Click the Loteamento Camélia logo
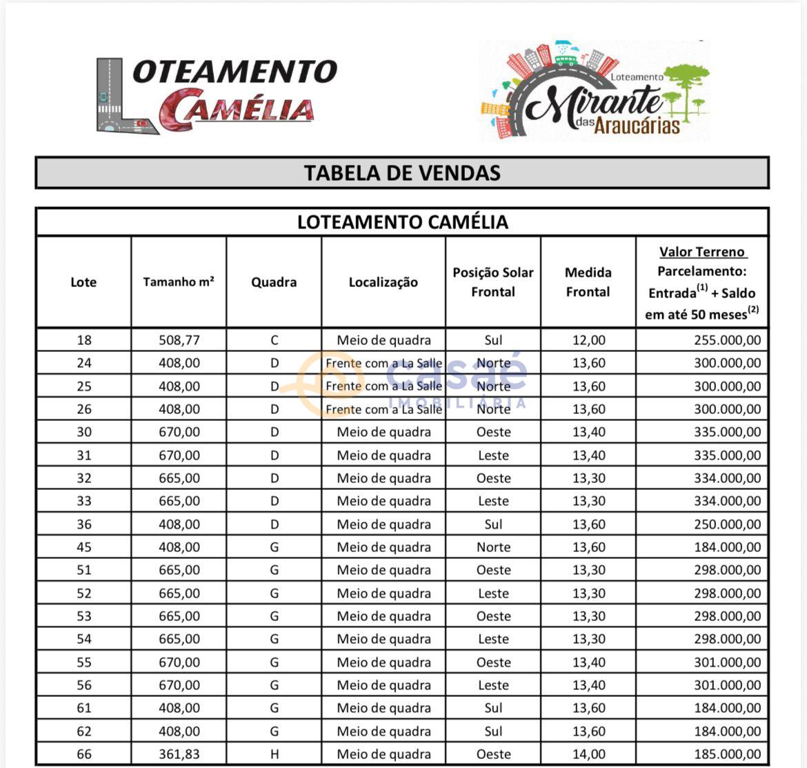pos(216,95)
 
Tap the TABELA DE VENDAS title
pos(402,173)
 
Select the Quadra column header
pos(274,282)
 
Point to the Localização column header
pos(383,282)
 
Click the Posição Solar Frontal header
pos(492,282)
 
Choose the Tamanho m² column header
pos(179,282)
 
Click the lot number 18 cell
pos(83,340)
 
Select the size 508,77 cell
pos(179,340)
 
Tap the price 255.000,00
pos(727,340)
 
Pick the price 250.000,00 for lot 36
pos(727,524)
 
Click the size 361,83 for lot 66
pos(179,754)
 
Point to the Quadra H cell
pos(275,754)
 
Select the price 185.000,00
pos(727,754)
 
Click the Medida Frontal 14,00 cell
pos(588,754)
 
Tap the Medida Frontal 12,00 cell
pos(588,340)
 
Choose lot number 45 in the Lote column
pos(83,547)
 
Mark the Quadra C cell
pos(275,340)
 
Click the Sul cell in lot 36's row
pos(493,524)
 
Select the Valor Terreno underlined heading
pos(702,252)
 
